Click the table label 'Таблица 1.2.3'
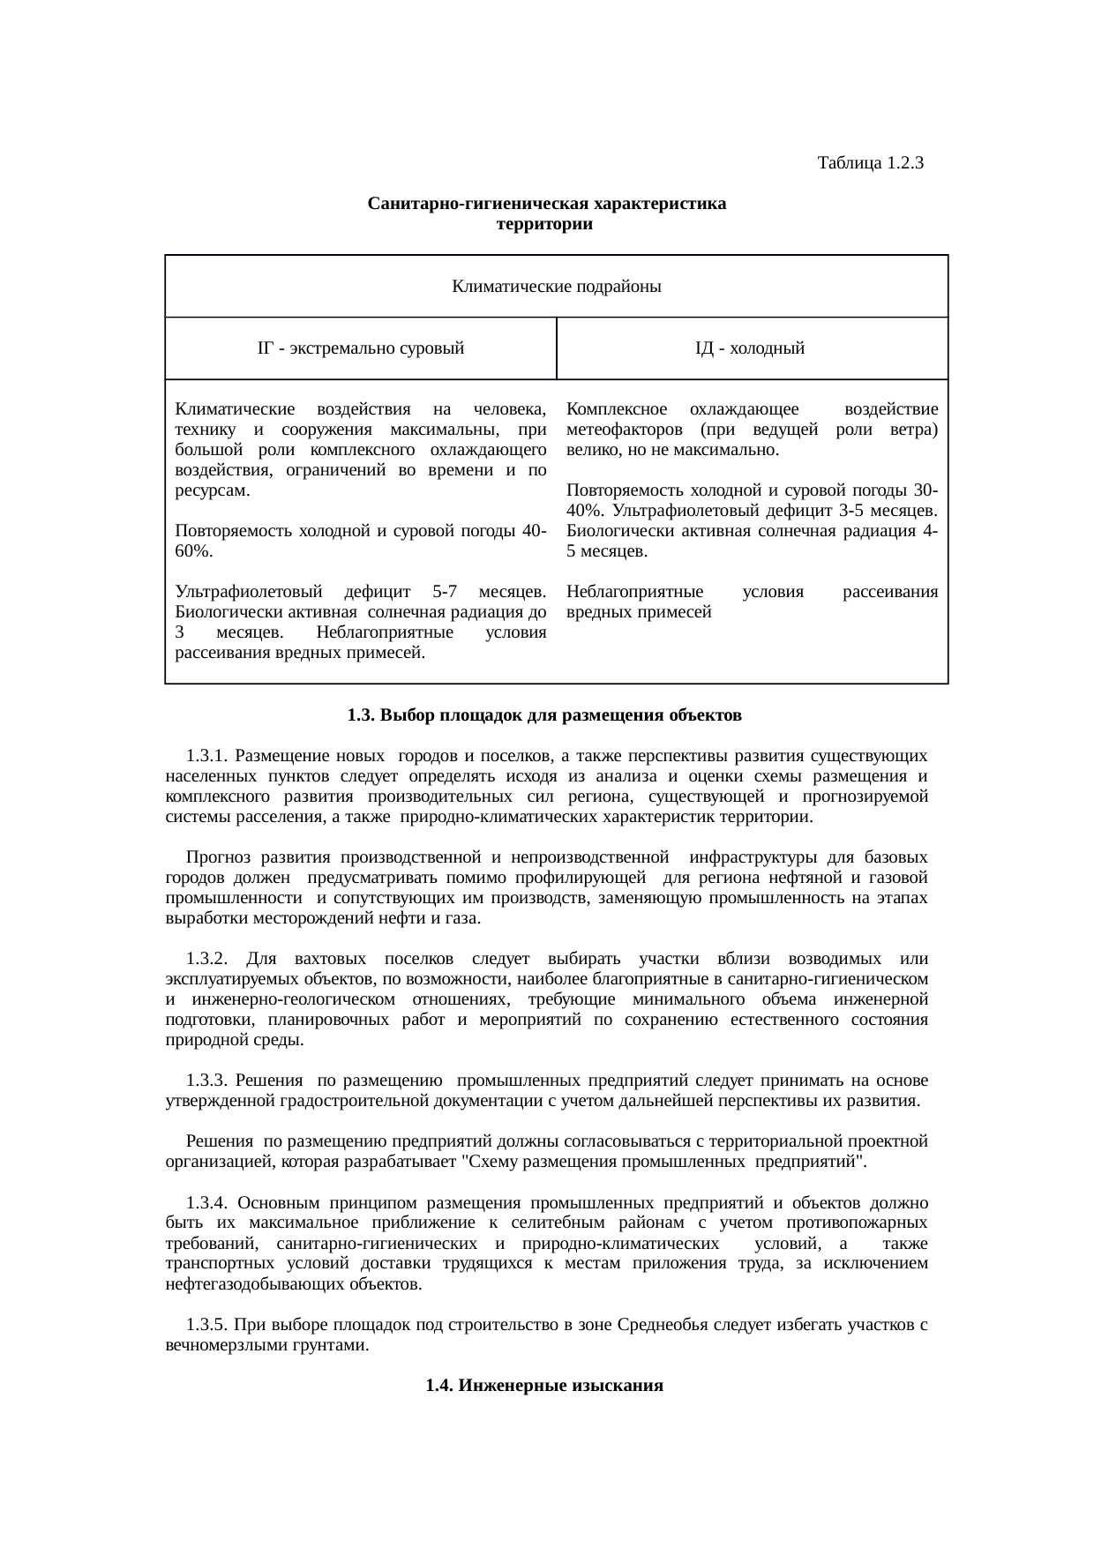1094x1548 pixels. tap(870, 163)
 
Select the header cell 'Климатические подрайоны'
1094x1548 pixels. tap(557, 287)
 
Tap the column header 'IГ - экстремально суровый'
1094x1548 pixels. tap(361, 348)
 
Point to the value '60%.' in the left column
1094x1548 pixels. tap(193, 551)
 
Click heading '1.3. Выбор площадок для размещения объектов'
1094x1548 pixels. tap(544, 715)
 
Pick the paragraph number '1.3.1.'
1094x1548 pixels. tap(208, 757)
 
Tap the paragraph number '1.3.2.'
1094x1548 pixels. tap(208, 959)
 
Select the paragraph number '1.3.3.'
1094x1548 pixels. tap(208, 1081)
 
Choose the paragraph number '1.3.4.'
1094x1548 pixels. tap(208, 1202)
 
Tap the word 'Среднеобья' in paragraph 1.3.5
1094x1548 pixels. tap(658, 1325)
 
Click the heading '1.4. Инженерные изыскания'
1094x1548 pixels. tap(544, 1386)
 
